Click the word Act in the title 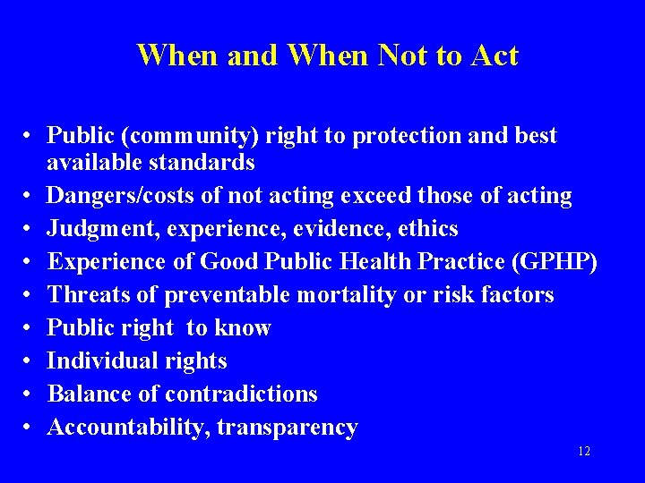(492, 55)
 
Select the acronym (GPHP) (558, 262)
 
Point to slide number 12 (583, 452)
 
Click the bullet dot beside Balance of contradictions (30, 394)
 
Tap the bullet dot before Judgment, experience (30, 229)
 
